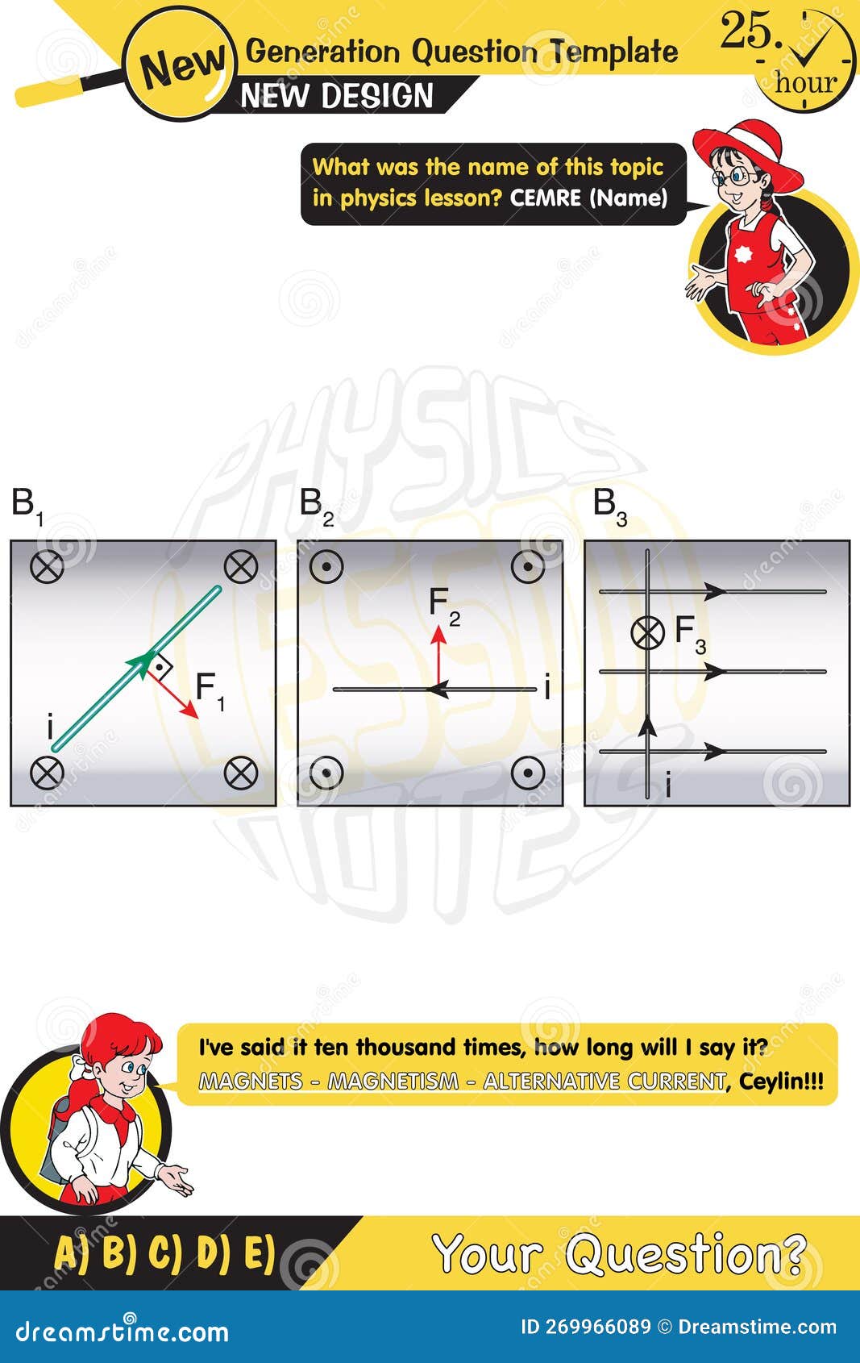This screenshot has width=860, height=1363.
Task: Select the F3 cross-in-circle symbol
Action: pyautogui.click(x=647, y=632)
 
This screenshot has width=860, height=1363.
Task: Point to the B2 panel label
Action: pyautogui.click(x=315, y=505)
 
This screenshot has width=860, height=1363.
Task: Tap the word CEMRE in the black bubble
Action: pyautogui.click(x=545, y=198)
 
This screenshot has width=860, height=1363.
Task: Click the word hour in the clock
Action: pyautogui.click(x=806, y=82)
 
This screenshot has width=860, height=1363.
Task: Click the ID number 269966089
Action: pyautogui.click(x=597, y=1327)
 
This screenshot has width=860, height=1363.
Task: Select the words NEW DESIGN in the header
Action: pyautogui.click(x=337, y=96)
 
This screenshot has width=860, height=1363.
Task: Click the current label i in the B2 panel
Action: pyautogui.click(x=547, y=688)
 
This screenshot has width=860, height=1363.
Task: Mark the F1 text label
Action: pyautogui.click(x=210, y=690)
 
